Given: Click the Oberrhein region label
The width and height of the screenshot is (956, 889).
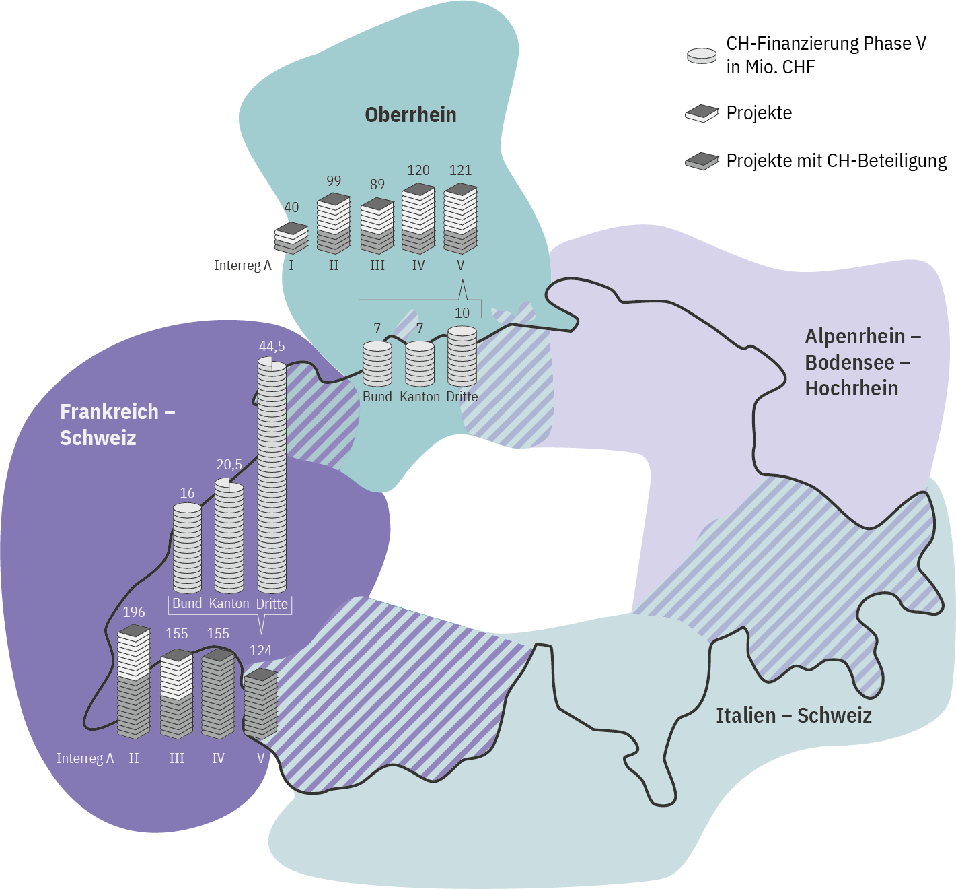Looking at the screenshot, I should pyautogui.click(x=410, y=115).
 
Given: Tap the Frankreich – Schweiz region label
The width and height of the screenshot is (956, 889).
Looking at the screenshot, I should pyautogui.click(x=117, y=424).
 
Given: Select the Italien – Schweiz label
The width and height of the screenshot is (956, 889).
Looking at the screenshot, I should pyautogui.click(x=793, y=715).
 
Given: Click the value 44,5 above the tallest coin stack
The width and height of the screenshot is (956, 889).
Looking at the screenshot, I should pyautogui.click(x=272, y=346).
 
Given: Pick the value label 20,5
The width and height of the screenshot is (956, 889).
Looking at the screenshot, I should pyautogui.click(x=229, y=465).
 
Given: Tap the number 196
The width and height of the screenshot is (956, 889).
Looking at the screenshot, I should pyautogui.click(x=134, y=612).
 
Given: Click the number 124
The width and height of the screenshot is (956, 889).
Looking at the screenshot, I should pyautogui.click(x=260, y=651).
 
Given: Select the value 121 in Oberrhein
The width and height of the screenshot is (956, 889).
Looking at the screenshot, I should pyautogui.click(x=460, y=170).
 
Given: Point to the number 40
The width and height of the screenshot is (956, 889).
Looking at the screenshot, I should pyautogui.click(x=291, y=207).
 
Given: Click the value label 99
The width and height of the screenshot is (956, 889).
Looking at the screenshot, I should pyautogui.click(x=334, y=181).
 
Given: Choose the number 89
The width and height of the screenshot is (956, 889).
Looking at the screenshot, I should pyautogui.click(x=377, y=185).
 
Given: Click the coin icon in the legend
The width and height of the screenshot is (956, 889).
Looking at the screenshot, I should pyautogui.click(x=702, y=56).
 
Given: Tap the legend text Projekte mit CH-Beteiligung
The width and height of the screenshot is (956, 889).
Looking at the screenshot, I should pyautogui.click(x=836, y=161).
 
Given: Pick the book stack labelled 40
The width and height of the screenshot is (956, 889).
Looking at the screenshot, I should pyautogui.click(x=291, y=238).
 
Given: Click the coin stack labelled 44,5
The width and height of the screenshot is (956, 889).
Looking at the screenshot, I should pyautogui.click(x=272, y=475).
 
